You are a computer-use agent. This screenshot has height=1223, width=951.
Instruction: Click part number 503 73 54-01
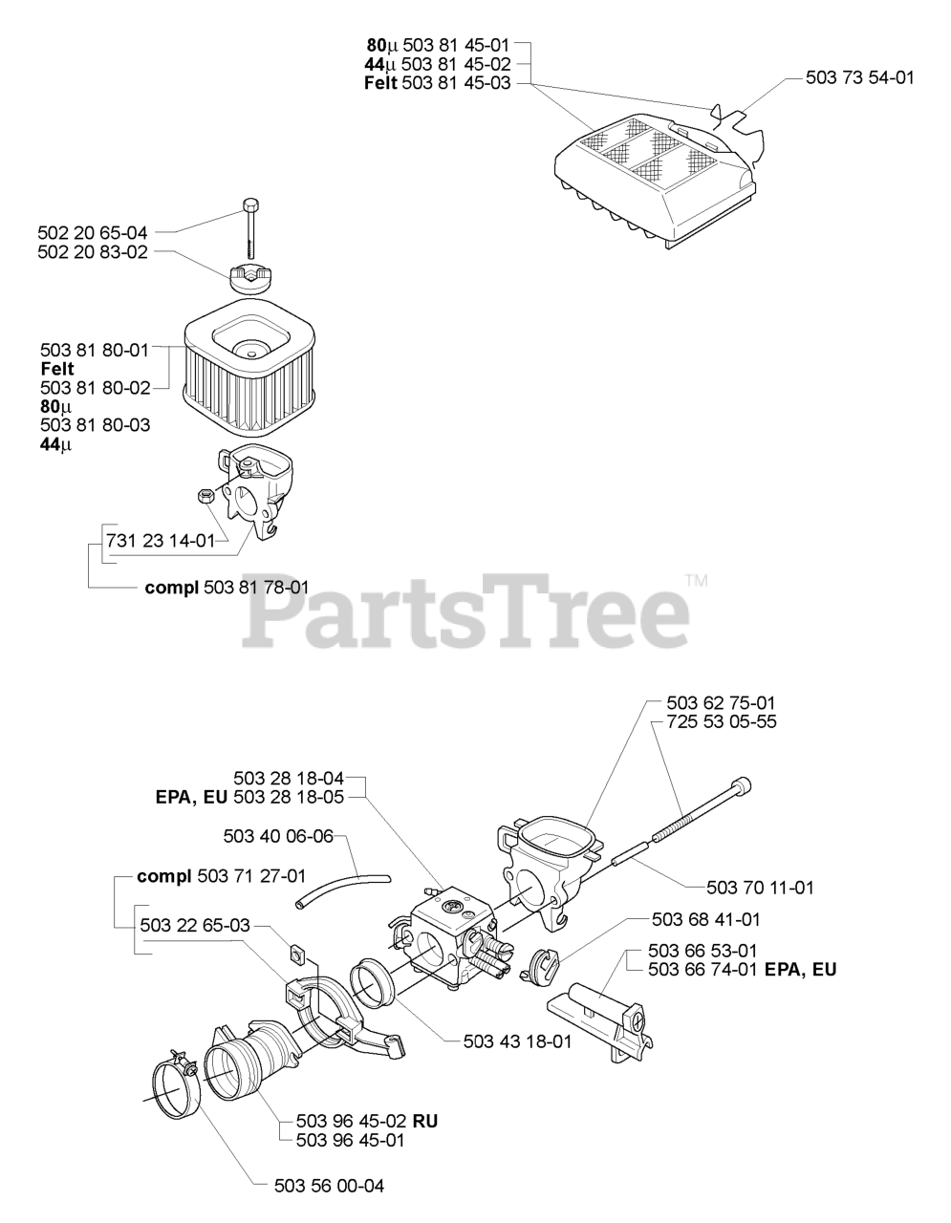[859, 77]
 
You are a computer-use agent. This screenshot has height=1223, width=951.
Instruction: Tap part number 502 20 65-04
[93, 232]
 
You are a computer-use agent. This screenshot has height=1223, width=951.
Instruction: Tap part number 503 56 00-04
[330, 1186]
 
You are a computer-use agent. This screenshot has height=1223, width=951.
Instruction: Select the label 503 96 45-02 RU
[367, 1121]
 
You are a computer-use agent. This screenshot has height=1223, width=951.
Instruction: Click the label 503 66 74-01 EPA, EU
[742, 969]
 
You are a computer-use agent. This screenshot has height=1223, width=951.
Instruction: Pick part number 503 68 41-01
[705, 919]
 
